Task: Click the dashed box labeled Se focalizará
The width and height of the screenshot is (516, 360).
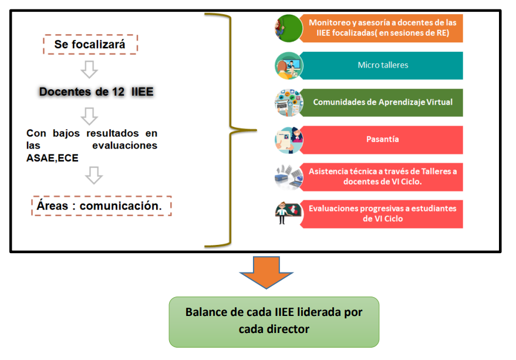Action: pos(90,45)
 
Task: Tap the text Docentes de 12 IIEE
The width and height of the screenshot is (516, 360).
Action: pos(96,92)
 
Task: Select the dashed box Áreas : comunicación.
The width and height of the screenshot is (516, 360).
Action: pos(102,206)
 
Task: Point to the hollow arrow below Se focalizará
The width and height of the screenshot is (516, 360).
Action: pos(89,69)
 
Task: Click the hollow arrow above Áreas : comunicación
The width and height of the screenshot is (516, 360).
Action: pos(93,175)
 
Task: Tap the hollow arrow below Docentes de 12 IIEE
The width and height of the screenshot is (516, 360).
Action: pos(89,116)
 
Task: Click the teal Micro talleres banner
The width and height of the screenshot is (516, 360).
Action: pos(382,65)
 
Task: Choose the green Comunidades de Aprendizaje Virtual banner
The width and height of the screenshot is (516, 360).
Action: pos(382,102)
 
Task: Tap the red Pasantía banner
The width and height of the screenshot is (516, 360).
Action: pos(382,140)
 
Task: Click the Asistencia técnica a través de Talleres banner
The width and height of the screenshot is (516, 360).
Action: pos(382,177)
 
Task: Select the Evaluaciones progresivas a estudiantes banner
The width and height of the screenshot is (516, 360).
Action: pos(382,214)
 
